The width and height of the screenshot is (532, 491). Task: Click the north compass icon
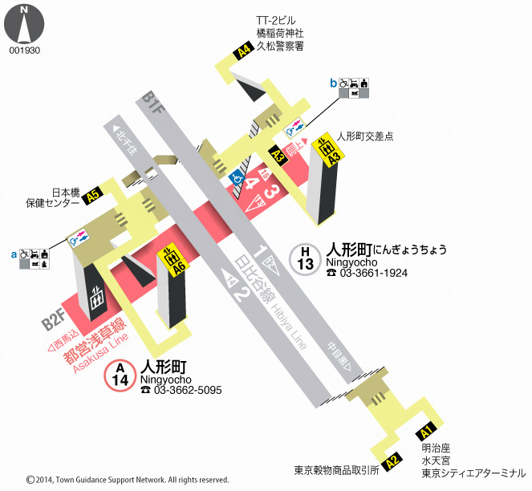click(x=24, y=24)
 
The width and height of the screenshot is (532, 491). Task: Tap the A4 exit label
click(x=243, y=53)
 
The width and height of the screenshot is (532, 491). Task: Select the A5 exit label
click(x=94, y=193)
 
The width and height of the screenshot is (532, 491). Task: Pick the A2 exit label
click(x=392, y=461)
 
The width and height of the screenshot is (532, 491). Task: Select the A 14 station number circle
click(x=120, y=374)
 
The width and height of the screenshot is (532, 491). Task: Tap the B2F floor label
click(x=54, y=323)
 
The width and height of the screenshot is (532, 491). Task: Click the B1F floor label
click(x=152, y=103)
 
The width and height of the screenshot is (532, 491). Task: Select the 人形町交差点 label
click(x=366, y=136)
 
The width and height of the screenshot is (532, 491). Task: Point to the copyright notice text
click(x=128, y=480)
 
